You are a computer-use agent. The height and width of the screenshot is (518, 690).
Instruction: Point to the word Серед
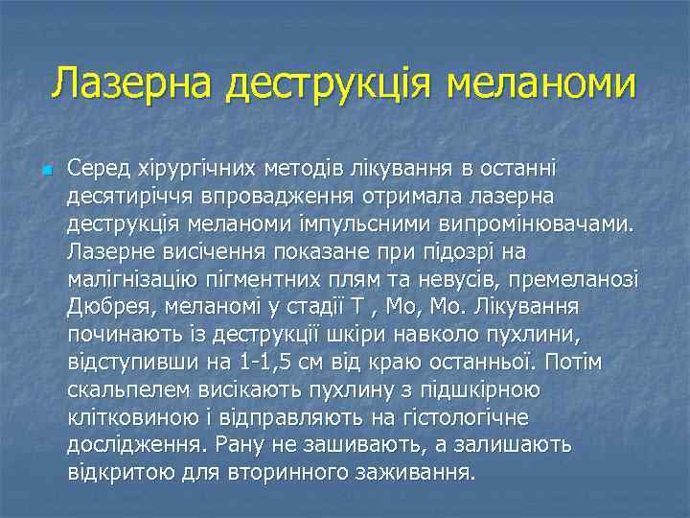tap(97, 169)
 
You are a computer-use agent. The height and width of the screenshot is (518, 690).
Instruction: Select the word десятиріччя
tap(126, 198)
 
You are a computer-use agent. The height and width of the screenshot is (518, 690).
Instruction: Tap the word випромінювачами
tap(549, 224)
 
